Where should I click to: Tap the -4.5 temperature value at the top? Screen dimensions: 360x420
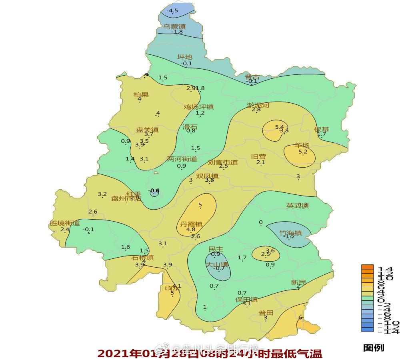173,11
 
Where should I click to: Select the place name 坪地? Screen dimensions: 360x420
185,57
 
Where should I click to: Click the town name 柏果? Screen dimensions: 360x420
141,95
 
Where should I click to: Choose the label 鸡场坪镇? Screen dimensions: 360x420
198,107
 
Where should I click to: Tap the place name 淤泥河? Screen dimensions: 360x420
258,105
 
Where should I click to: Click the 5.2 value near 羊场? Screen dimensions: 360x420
303,152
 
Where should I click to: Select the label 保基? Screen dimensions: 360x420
322,130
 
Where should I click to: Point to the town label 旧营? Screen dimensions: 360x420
258,156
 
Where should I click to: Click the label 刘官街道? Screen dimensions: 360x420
223,162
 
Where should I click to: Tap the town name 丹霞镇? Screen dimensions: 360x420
191,224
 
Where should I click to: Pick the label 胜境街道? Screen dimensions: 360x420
65,223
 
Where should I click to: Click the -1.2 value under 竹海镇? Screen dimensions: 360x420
289,236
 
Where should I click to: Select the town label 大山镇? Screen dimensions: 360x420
217,264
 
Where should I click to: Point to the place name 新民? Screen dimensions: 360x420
298,282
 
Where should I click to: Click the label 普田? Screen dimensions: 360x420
266,313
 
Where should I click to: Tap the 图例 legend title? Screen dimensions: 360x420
373,348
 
